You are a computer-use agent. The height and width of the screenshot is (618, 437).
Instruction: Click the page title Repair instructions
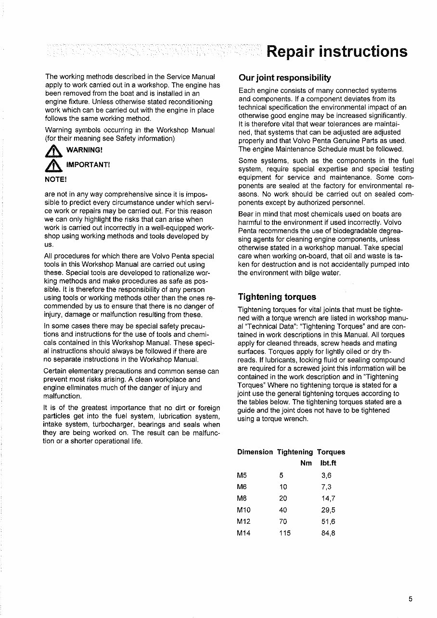click(x=337, y=51)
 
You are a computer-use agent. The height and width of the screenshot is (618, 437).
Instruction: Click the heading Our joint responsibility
click(x=284, y=78)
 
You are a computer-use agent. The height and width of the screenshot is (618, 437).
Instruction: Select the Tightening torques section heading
click(x=277, y=296)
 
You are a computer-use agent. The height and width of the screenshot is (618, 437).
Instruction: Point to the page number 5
click(x=411, y=599)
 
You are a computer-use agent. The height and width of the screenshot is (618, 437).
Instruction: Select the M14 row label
click(x=244, y=533)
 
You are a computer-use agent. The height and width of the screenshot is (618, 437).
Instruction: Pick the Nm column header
click(x=306, y=463)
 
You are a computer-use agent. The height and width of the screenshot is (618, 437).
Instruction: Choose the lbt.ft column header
click(x=328, y=463)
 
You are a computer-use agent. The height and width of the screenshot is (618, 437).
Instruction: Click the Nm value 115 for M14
click(x=285, y=533)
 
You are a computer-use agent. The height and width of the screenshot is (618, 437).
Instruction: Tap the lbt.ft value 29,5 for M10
click(x=328, y=510)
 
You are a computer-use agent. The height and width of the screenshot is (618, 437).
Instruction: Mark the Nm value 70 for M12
click(x=283, y=521)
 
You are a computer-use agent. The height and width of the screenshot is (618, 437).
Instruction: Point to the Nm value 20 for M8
click(x=283, y=499)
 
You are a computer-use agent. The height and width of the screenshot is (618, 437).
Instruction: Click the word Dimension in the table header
click(x=255, y=452)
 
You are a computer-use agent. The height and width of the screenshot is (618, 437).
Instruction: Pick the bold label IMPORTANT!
click(x=88, y=165)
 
